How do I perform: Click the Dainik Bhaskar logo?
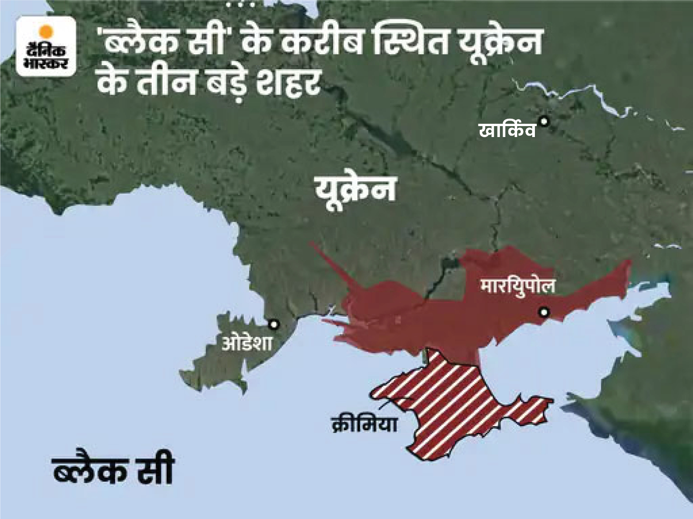[x=46, y=46]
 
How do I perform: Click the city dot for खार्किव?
[x=544, y=122]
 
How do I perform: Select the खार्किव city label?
[x=507, y=131]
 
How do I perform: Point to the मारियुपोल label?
[x=518, y=287]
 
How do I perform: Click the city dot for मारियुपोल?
[x=544, y=312]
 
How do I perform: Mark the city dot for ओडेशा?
[x=273, y=325]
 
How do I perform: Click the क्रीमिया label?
[x=364, y=424]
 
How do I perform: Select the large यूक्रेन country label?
[x=355, y=188]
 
